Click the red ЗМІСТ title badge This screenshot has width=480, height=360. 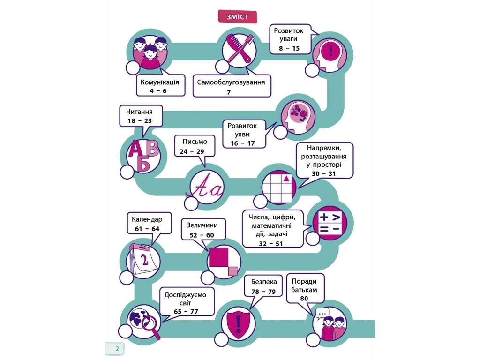pyautogui.click(x=237, y=16)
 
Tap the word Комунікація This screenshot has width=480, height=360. pyautogui.click(x=159, y=82)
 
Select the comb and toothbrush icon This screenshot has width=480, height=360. pyautogui.click(x=239, y=48)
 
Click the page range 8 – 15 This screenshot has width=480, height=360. pyautogui.click(x=289, y=48)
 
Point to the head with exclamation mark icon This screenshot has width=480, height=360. pyautogui.click(x=330, y=54)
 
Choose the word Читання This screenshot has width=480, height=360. pyautogui.click(x=139, y=112)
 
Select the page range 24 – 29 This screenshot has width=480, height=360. pyautogui.click(x=192, y=151)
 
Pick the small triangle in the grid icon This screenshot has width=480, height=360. pyautogui.click(x=286, y=178)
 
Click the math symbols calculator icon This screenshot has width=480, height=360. pyautogui.click(x=330, y=223)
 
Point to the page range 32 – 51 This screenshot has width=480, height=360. pyautogui.click(x=270, y=244)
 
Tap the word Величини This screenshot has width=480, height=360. pyautogui.click(x=202, y=225)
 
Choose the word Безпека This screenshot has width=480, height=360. pyautogui.click(x=264, y=282)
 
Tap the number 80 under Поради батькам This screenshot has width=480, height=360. pyautogui.click(x=304, y=299)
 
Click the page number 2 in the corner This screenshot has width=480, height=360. pyautogui.click(x=117, y=349)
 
